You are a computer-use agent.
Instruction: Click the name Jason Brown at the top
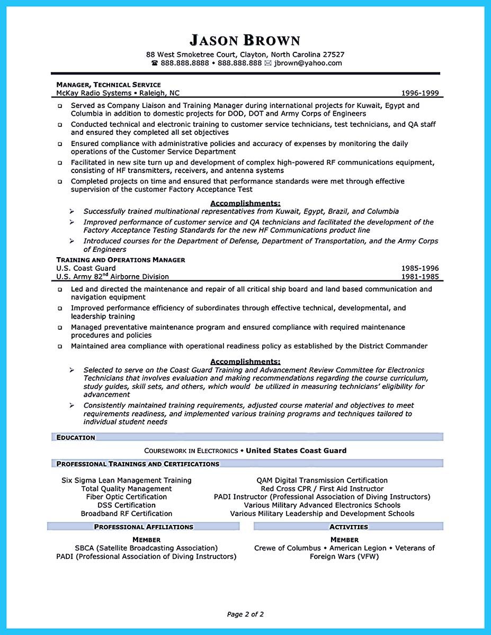click(245, 40)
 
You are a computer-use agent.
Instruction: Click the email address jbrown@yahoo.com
click(308, 63)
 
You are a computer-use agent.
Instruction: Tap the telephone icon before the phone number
click(155, 63)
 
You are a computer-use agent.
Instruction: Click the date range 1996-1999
click(420, 93)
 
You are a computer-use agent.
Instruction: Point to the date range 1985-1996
click(420, 268)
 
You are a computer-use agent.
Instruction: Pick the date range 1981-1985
click(420, 277)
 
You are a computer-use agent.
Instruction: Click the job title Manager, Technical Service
click(108, 85)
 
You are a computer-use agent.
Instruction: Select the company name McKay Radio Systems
click(94, 93)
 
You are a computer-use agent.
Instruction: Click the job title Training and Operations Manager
click(121, 260)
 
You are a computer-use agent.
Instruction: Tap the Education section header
click(76, 438)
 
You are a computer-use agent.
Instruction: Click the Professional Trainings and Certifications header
click(138, 464)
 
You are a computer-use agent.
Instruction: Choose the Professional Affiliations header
click(144, 527)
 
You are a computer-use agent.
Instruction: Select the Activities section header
click(349, 527)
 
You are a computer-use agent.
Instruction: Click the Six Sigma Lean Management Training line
click(127, 480)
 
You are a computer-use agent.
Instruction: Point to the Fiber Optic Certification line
click(127, 497)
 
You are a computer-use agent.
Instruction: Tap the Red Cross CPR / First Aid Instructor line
click(322, 489)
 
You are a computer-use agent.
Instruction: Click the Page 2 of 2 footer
click(245, 614)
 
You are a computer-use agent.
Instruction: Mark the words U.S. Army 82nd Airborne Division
click(112, 276)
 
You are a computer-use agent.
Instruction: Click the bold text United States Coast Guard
click(296, 451)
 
